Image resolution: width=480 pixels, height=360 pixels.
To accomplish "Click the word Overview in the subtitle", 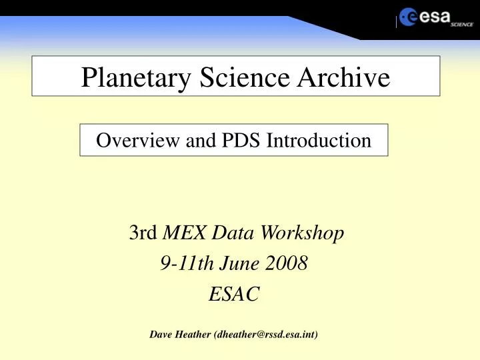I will point(127,140).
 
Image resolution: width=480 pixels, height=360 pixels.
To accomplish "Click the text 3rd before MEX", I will point(143,233).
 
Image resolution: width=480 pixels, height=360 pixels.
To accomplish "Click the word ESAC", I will point(233,294).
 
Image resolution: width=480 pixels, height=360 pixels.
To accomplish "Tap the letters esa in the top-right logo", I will point(435,17).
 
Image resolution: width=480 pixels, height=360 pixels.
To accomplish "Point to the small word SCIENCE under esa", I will point(461,24).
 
